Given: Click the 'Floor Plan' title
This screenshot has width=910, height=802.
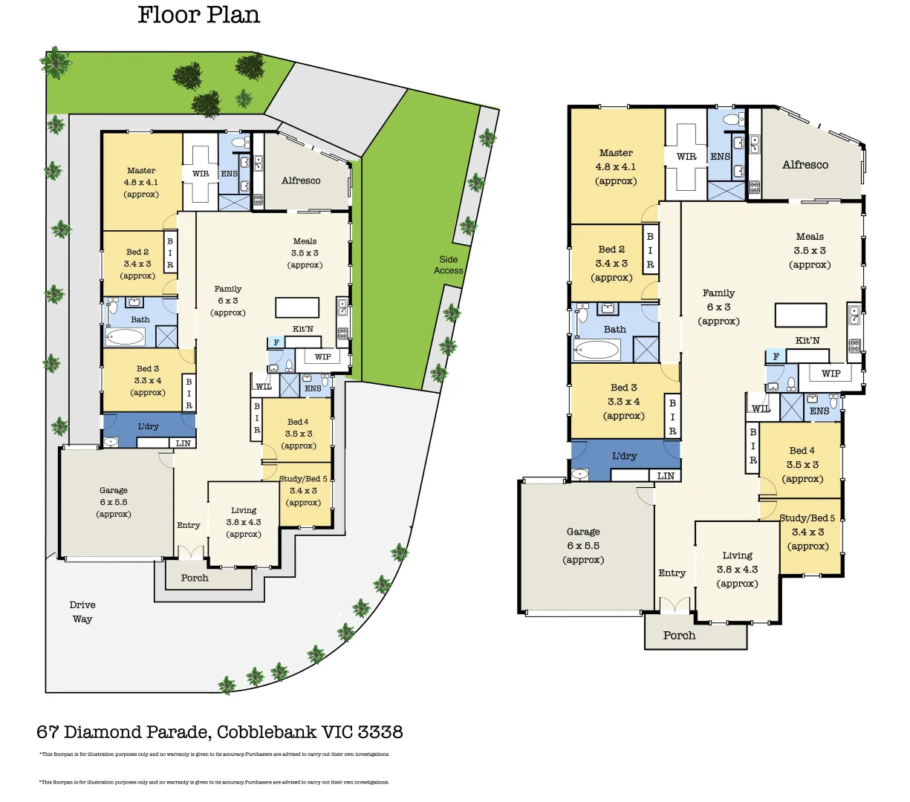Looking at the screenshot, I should tap(198, 15).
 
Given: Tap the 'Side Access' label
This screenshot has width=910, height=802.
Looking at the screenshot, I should tap(448, 265).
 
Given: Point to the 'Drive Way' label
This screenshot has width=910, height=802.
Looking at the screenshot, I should tap(82, 612).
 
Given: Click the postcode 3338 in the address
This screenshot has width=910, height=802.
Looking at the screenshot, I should tap(380, 732).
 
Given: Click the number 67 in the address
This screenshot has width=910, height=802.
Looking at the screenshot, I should tap(48, 732).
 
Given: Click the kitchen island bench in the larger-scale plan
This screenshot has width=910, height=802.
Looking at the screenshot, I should tap(800, 315).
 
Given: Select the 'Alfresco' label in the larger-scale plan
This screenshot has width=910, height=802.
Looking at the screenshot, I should tap(805, 165).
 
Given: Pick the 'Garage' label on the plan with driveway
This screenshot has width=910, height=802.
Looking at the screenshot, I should tap(114, 490).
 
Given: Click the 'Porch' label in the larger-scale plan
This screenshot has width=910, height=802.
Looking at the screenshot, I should tap(679, 636).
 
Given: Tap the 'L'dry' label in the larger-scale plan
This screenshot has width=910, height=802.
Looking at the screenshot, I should tap(624, 456).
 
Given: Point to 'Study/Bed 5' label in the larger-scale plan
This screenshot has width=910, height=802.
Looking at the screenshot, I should tap(807, 518).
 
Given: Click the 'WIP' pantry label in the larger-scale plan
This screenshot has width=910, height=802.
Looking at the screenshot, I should tap(831, 374).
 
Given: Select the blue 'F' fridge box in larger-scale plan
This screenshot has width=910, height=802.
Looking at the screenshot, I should tap(776, 356).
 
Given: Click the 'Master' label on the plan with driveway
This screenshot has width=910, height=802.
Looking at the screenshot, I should tap(141, 171).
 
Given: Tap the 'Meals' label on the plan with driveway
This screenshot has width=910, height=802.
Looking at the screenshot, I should tap(305, 241).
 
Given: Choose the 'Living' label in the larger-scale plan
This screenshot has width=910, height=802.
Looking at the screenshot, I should tap(737, 555).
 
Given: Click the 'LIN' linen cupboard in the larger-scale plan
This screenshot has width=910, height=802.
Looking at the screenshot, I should tap(666, 476).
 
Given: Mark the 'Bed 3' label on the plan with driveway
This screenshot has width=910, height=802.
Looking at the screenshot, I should tap(147, 368).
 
